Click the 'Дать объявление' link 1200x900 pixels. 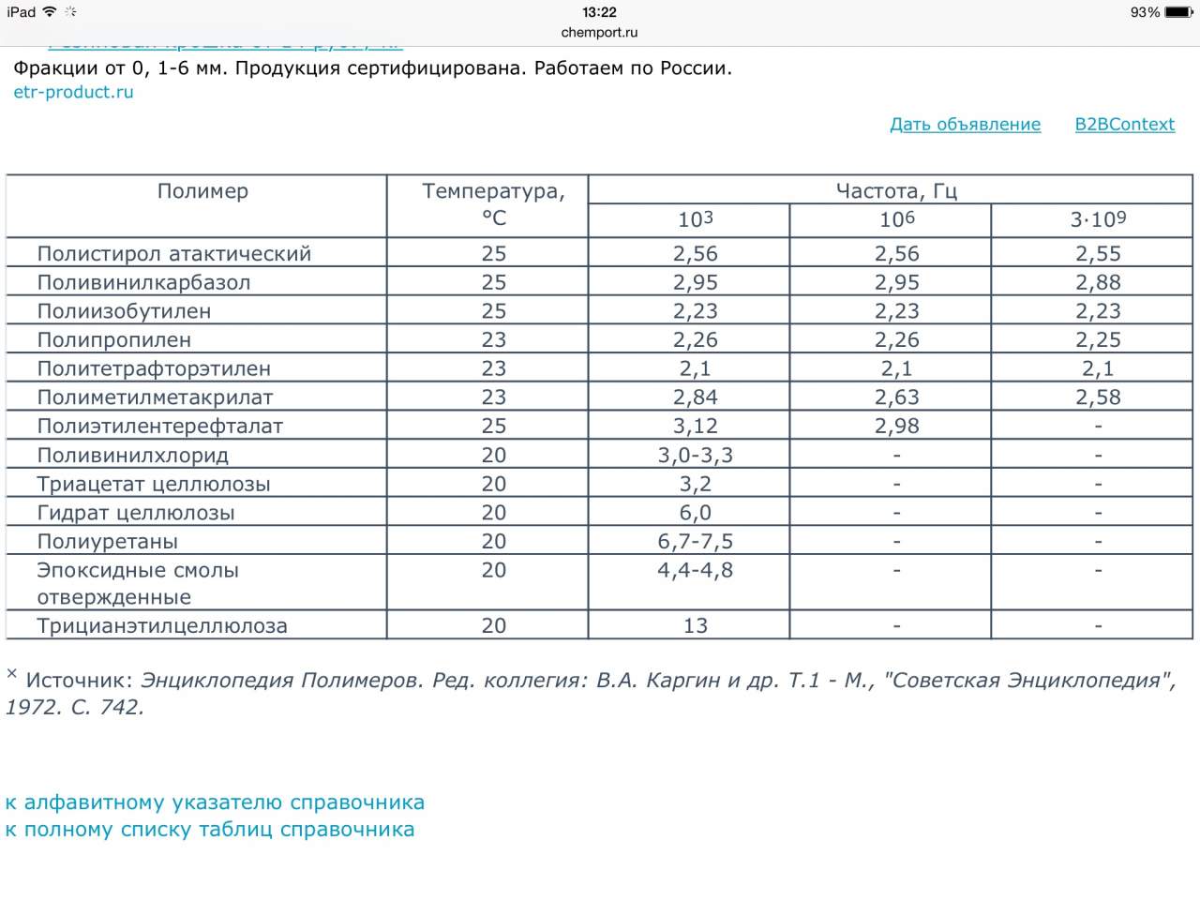(x=965, y=125)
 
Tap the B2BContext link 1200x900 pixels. (x=1124, y=125)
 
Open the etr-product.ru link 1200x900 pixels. (x=73, y=92)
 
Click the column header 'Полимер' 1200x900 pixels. (x=202, y=191)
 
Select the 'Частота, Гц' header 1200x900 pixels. (x=895, y=191)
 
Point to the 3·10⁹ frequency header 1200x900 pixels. (x=1098, y=219)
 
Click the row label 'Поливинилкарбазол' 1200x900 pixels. (x=143, y=282)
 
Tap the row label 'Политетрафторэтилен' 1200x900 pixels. (x=154, y=368)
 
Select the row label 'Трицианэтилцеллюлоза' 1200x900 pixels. (x=162, y=626)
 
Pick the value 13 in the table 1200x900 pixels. (x=695, y=626)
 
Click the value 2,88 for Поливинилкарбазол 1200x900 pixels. (x=1098, y=282)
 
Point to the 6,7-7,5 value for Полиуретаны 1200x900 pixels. (x=695, y=542)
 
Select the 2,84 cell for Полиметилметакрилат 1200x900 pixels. (x=695, y=397)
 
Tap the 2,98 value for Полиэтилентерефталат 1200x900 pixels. (x=896, y=427)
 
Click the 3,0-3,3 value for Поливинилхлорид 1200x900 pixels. (x=695, y=456)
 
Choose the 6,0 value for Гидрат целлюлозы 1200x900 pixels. (x=695, y=513)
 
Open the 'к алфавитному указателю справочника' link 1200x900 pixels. (x=215, y=802)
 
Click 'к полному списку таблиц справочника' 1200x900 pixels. (x=210, y=830)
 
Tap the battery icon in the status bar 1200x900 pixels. (x=1178, y=12)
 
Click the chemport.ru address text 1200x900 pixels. (x=599, y=32)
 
